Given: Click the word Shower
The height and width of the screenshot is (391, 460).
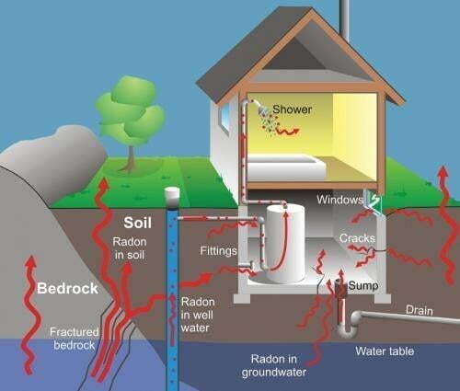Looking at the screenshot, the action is point(292,109).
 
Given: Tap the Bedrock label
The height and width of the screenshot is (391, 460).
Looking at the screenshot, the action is point(67,289).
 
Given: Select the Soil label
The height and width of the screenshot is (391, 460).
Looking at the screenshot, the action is point(138,223).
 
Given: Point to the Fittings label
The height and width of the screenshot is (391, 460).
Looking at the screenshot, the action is point(218,251).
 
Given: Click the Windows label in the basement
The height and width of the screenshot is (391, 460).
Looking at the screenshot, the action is point(339,200).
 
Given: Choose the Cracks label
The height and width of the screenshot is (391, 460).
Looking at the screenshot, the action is point(357,238).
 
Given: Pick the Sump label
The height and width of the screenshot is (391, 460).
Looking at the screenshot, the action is point(363,285).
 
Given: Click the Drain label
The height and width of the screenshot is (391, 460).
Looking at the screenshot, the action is point(420,310).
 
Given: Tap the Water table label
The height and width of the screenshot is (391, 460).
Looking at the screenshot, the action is point(385,351).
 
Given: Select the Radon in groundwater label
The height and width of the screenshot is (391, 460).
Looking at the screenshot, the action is point(274,365).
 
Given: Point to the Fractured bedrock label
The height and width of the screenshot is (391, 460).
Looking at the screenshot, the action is point(75,339).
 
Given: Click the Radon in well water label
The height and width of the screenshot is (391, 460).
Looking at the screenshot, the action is point(197,315).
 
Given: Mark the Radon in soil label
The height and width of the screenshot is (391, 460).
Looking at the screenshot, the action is point(130,248).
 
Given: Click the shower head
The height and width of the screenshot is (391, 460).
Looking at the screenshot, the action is point(263,110).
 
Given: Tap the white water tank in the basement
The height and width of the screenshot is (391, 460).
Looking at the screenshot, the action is point(285,244).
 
